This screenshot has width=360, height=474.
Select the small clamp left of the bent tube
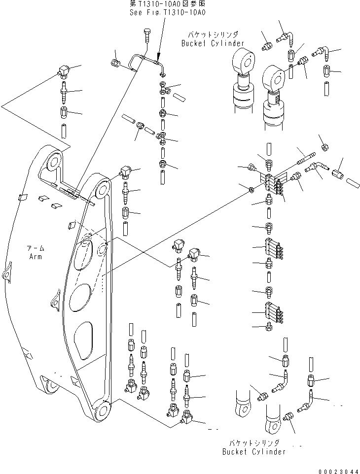[x=115, y=63]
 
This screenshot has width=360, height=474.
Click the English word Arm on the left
[x=35, y=257]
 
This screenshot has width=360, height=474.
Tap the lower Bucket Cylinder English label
[x=253, y=452]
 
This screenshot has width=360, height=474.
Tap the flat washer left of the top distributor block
[x=252, y=189]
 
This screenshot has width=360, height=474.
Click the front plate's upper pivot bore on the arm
[x=102, y=188]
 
